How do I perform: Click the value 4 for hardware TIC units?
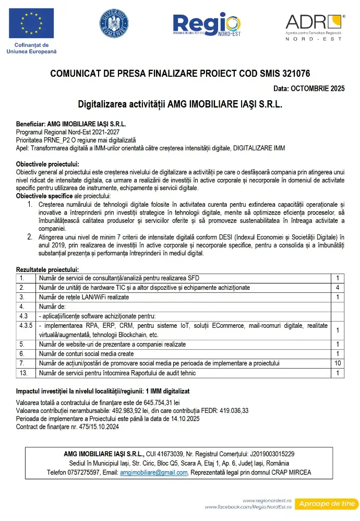pyautogui.click(x=338, y=288)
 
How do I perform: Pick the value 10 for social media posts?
pyautogui.click(x=338, y=363)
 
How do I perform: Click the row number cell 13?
pyautogui.click(x=22, y=373)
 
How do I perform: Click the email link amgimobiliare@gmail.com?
pyautogui.click(x=153, y=472)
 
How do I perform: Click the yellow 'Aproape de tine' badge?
pyautogui.click(x=327, y=504)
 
